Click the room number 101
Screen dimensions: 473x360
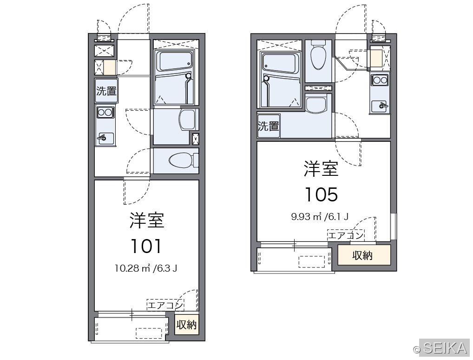click(x=146, y=246)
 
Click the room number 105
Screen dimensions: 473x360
click(x=321, y=194)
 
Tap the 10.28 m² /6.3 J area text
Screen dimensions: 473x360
click(x=146, y=268)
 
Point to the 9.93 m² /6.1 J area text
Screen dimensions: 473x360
click(x=320, y=217)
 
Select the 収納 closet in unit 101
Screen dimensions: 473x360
click(x=187, y=325)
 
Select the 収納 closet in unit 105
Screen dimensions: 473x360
click(x=363, y=255)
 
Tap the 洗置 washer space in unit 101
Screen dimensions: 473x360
click(x=106, y=91)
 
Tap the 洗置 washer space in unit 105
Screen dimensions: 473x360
click(x=268, y=126)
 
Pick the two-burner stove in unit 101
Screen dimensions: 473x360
click(x=105, y=113)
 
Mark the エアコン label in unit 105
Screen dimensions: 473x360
click(x=346, y=235)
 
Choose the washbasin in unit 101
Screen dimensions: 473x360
click(x=188, y=120)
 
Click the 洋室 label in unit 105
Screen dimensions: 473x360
click(x=321, y=169)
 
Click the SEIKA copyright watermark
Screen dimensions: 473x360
click(x=441, y=348)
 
